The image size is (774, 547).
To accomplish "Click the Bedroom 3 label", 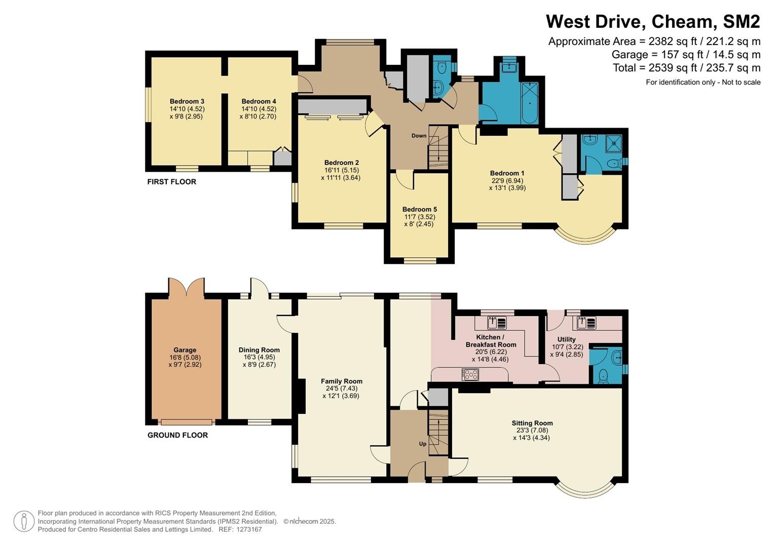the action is pyautogui.click(x=187, y=101).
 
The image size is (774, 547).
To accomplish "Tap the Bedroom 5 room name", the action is pyautogui.click(x=420, y=209).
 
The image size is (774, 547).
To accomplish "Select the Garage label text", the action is pyautogui.click(x=185, y=350).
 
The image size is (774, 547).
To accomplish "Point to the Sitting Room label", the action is pyautogui.click(x=532, y=423).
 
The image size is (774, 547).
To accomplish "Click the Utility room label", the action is pyautogui.click(x=566, y=339).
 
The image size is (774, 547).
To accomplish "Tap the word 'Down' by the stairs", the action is pyautogui.click(x=419, y=136).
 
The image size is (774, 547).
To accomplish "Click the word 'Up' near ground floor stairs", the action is pyautogui.click(x=423, y=444).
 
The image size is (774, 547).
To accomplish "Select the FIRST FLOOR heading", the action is pyautogui.click(x=171, y=182).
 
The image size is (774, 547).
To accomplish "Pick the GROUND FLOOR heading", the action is pyautogui.click(x=177, y=435).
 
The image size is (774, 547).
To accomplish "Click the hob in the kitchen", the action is pyautogui.click(x=470, y=375).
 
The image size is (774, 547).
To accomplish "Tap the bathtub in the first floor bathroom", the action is pyautogui.click(x=529, y=103).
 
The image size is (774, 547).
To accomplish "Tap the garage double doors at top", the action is pyautogui.click(x=186, y=287).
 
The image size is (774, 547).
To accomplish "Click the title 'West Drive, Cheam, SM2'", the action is pyautogui.click(x=653, y=21).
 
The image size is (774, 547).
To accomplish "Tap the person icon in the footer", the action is pyautogui.click(x=24, y=521).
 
